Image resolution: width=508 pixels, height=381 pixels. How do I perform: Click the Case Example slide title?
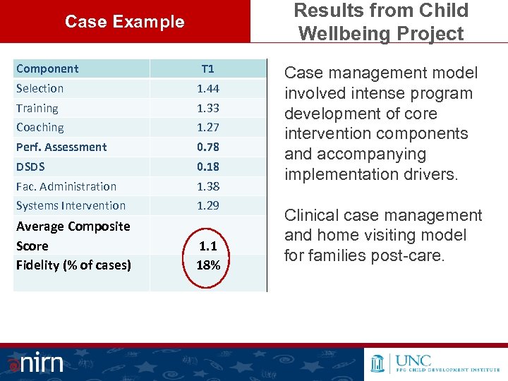tap(124, 22)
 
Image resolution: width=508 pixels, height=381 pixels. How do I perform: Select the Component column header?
tap(47, 68)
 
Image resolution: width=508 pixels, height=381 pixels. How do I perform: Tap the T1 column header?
tap(207, 68)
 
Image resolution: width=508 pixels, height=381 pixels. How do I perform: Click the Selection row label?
tap(40, 88)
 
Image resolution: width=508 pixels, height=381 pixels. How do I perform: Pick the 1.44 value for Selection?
tap(207, 88)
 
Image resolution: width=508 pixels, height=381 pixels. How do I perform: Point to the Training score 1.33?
tap(207, 108)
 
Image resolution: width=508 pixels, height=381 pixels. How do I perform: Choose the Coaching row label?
tap(40, 128)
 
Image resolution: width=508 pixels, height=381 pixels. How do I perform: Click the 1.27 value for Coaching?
tap(207, 128)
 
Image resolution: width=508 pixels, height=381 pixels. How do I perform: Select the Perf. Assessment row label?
tap(61, 147)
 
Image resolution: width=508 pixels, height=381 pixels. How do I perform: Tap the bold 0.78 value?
tap(207, 147)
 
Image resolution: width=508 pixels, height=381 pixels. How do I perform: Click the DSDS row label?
tap(31, 167)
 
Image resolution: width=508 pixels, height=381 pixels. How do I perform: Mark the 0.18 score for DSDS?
tap(207, 167)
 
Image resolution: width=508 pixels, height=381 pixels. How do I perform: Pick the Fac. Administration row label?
tap(66, 186)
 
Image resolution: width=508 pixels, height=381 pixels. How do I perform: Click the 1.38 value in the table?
tap(207, 186)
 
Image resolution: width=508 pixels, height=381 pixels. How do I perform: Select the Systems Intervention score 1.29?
tap(207, 205)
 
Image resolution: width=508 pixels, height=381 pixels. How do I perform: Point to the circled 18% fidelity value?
tap(207, 265)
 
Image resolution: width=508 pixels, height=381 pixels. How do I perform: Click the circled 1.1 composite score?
tap(207, 246)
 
